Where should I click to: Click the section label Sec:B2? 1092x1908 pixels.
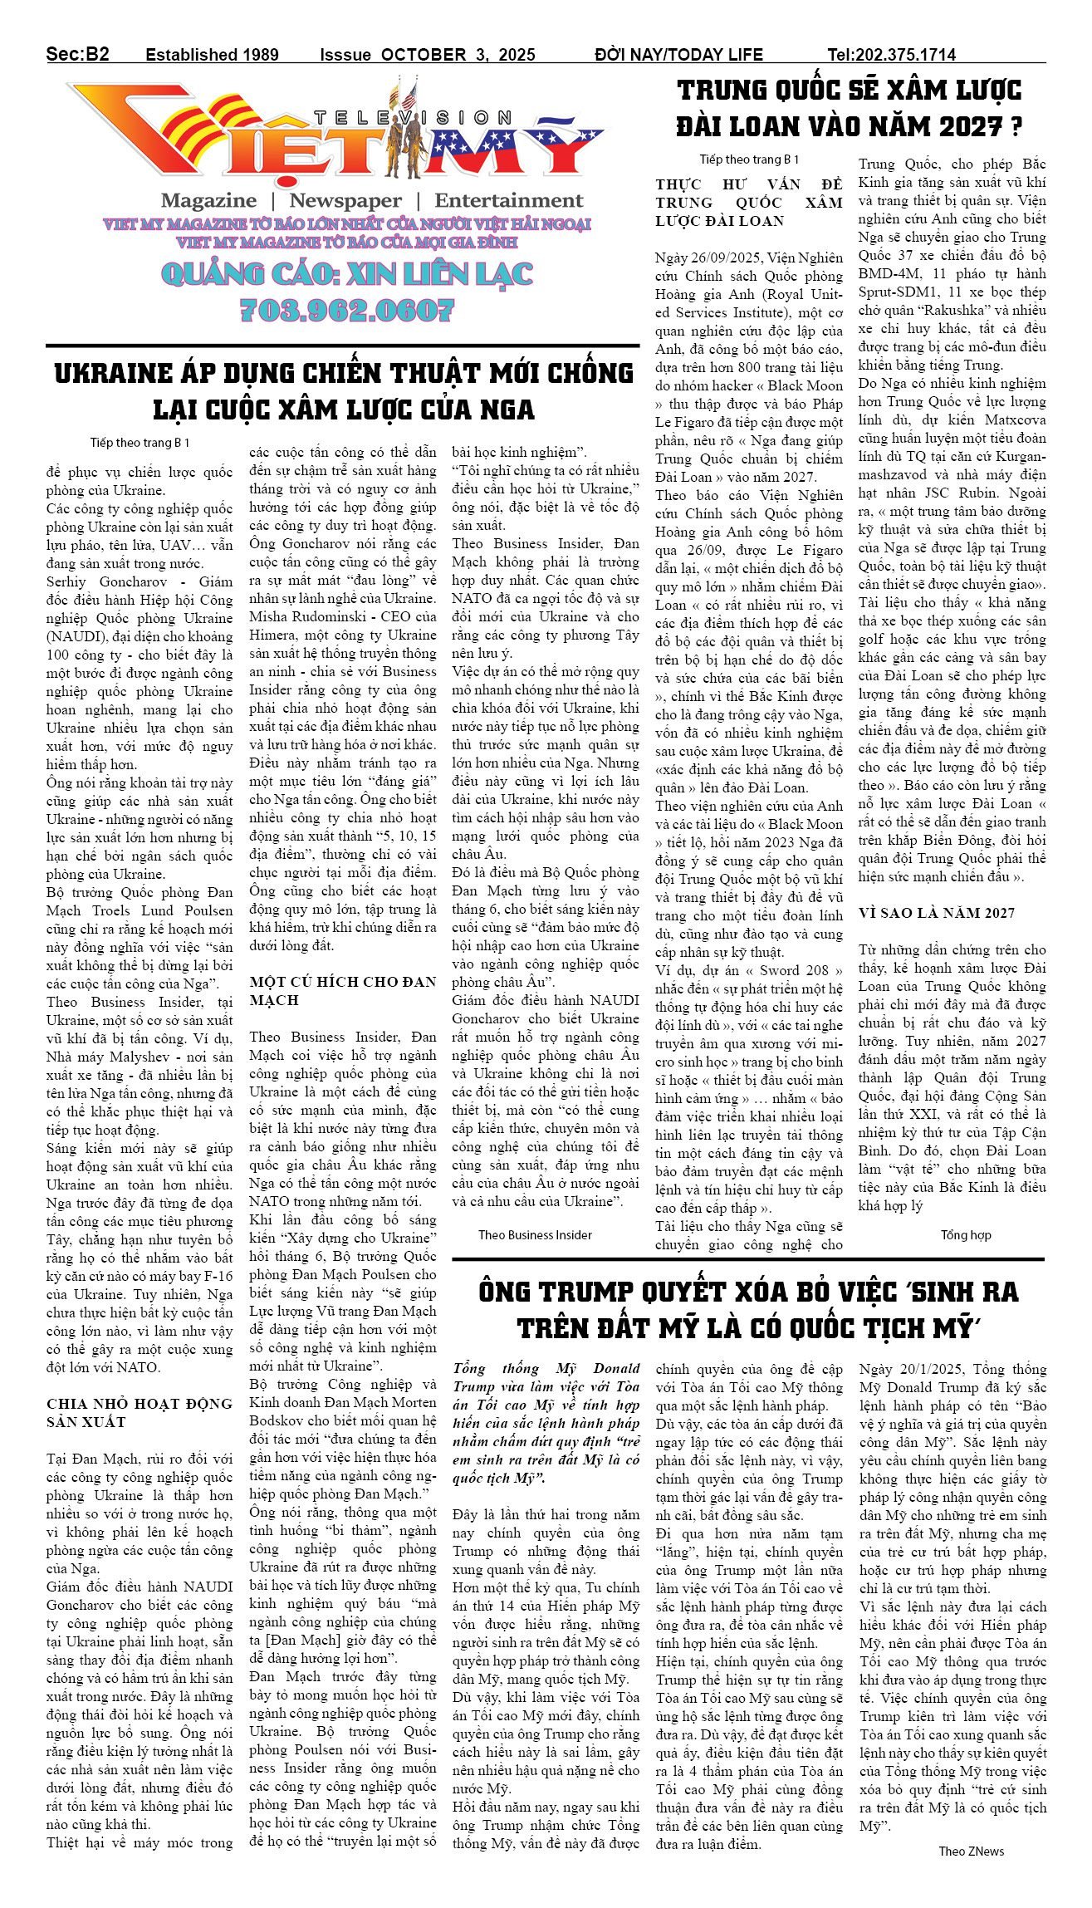(x=77, y=54)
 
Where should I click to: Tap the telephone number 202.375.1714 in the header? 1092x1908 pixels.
(x=903, y=55)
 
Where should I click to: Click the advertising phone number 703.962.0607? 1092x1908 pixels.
(x=346, y=310)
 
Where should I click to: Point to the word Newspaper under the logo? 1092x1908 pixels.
(x=345, y=200)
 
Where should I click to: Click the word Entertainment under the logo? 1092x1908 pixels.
(x=508, y=200)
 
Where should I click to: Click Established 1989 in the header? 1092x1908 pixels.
(x=212, y=55)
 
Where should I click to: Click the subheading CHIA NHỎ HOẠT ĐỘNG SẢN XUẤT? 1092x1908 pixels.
(x=139, y=1412)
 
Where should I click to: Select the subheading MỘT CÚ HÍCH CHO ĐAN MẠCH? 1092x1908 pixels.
(x=342, y=991)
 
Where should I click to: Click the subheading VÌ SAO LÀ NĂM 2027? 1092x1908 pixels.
(x=936, y=913)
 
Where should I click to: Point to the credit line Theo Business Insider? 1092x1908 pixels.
(x=535, y=1234)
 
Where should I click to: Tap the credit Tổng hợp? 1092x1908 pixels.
(x=966, y=1234)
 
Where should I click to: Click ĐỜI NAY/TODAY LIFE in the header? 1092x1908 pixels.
(x=678, y=55)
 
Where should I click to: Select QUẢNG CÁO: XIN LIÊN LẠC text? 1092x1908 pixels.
(x=346, y=273)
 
